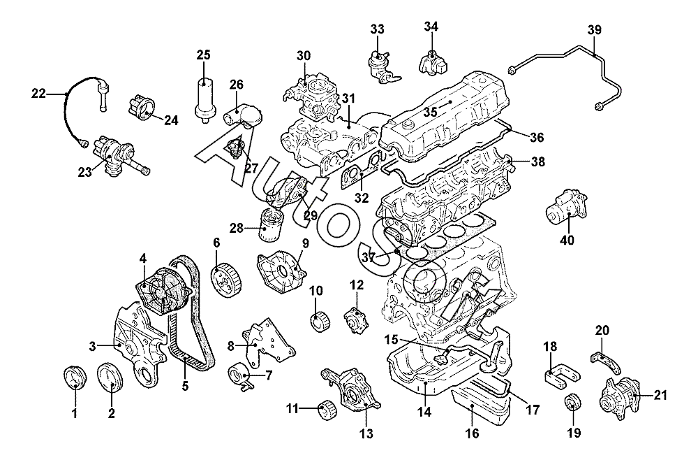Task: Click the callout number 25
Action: click(203, 55)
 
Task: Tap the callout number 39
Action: click(594, 29)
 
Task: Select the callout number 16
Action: click(473, 433)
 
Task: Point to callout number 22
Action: click(38, 92)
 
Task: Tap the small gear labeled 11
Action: click(325, 408)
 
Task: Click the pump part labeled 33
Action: click(380, 65)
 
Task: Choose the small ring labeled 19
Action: click(572, 403)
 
